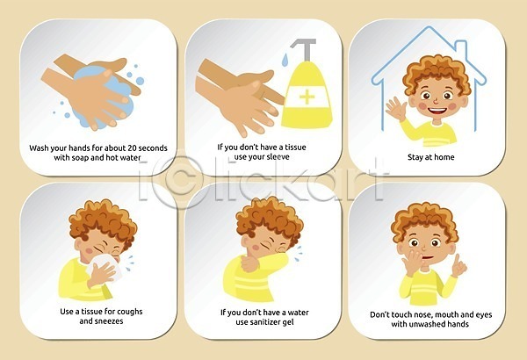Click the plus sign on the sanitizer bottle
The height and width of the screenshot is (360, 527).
click(x=307, y=97)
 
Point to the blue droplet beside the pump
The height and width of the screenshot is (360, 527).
click(x=285, y=60)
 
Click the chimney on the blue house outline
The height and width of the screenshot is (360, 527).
click(x=461, y=51)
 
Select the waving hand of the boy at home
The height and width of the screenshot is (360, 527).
click(x=397, y=107)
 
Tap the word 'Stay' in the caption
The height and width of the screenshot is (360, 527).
click(x=415, y=157)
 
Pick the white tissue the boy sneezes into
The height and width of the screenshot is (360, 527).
click(x=101, y=264)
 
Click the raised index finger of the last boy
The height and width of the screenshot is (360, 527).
click(x=457, y=260)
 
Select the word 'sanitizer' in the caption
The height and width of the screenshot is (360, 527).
click(x=263, y=322)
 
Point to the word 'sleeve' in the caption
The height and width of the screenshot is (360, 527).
click(x=278, y=156)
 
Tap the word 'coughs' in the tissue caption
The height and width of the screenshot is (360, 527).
click(x=128, y=312)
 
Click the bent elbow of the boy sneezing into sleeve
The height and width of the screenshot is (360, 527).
click(x=285, y=261)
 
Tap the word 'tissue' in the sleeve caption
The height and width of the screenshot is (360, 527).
click(x=296, y=148)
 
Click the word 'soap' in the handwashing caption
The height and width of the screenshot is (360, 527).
click(x=80, y=158)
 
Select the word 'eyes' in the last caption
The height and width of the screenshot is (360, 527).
click(x=484, y=315)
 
